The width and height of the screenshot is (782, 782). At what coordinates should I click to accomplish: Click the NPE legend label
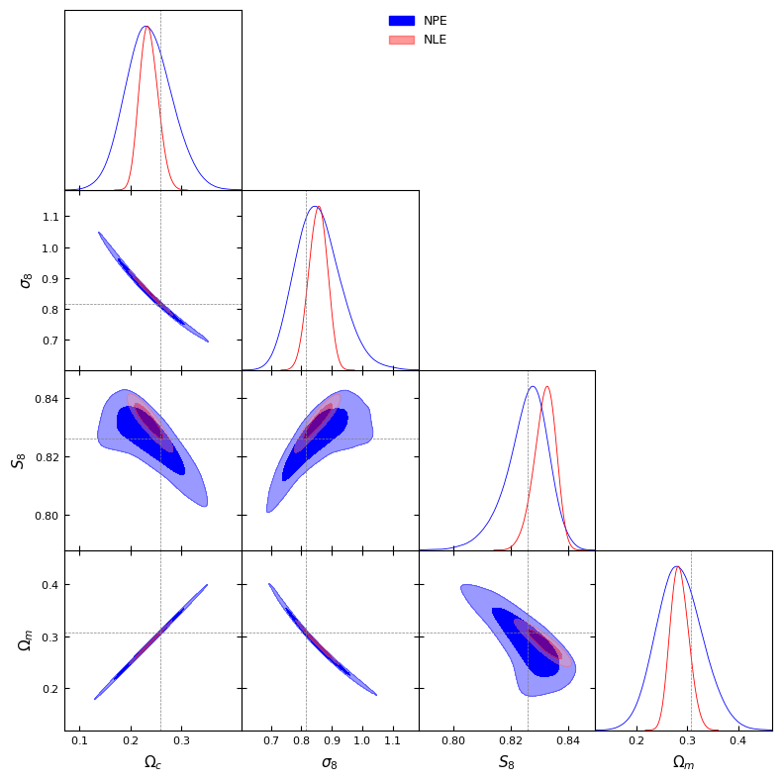click(436, 21)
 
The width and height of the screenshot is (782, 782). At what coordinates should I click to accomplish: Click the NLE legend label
click(436, 40)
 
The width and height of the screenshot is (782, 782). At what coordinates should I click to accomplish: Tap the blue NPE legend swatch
click(401, 21)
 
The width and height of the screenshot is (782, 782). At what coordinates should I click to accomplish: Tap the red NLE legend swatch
click(401, 40)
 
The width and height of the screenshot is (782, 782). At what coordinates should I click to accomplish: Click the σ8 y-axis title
click(27, 280)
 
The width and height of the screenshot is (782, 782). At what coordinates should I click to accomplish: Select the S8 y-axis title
click(18, 460)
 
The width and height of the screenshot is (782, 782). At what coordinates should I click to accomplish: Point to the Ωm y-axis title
click(27, 640)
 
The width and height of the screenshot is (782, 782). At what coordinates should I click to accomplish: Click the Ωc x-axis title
click(152, 762)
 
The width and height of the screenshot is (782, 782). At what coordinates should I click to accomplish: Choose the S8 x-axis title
click(506, 762)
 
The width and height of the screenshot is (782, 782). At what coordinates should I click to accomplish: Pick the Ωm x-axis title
click(683, 762)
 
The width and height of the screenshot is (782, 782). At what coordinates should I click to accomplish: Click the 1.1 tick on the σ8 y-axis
click(50, 217)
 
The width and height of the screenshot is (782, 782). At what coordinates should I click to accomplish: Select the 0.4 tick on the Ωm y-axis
click(50, 585)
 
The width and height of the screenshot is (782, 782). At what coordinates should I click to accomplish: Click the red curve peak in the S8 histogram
click(546, 387)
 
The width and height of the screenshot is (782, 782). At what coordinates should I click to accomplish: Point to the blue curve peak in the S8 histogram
click(533, 387)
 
